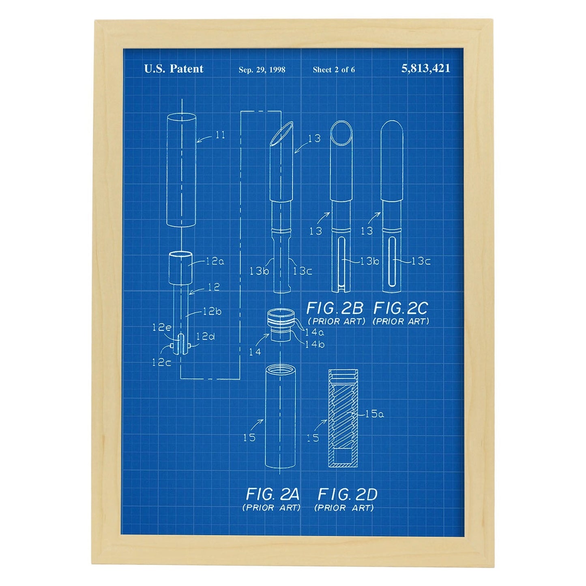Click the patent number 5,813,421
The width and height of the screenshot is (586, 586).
click(425, 69)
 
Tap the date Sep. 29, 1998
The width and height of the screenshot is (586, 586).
click(262, 70)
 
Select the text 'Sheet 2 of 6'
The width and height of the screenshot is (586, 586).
click(334, 70)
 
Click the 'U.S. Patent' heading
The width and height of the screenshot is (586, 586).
click(174, 69)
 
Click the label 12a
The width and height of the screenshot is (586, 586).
click(215, 261)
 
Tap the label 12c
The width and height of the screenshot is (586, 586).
click(161, 363)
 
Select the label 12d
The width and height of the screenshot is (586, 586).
click(205, 336)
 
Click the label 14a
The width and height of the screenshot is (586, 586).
click(315, 333)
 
